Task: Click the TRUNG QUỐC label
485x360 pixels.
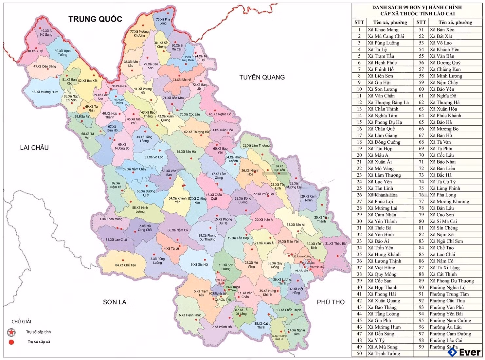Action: (95, 19)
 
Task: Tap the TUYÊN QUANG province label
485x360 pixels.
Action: (262, 77)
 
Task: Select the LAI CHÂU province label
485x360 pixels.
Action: (34, 148)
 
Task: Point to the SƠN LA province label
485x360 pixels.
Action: (115, 302)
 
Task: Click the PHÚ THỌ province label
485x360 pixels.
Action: (331, 302)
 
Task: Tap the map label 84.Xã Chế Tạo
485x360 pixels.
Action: (125, 265)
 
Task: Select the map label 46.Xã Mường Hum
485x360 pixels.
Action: (45, 92)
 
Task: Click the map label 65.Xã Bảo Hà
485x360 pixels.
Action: (186, 152)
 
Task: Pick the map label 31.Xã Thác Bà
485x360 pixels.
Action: (335, 243)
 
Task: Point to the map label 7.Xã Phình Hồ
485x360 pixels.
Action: (222, 327)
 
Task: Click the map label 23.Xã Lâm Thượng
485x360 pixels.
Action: (256, 145)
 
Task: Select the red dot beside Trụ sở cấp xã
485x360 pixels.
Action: (11, 342)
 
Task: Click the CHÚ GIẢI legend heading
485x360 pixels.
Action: (22, 322)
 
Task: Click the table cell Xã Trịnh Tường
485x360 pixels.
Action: (384, 353)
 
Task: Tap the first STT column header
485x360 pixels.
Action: (359, 22)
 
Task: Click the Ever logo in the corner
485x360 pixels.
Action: (464, 352)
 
